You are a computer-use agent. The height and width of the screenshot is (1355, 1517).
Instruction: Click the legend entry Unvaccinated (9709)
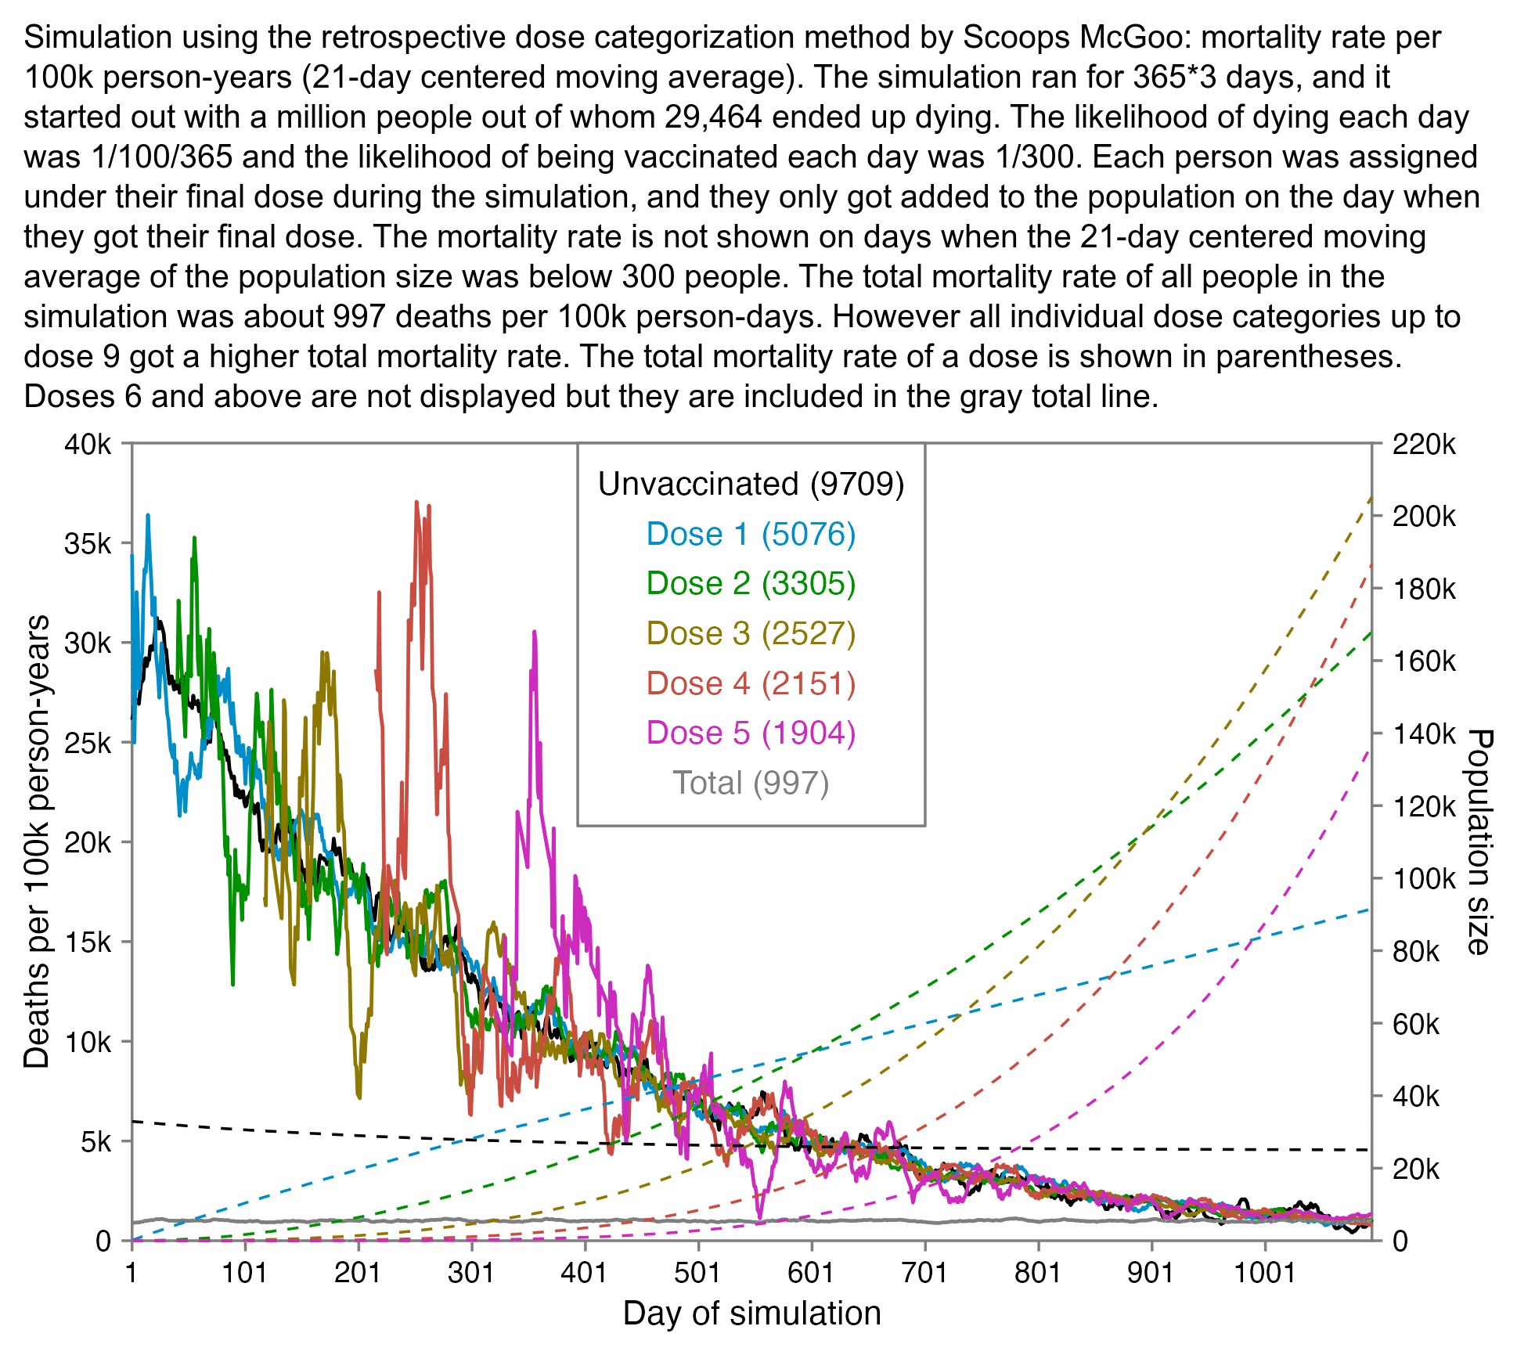(x=751, y=485)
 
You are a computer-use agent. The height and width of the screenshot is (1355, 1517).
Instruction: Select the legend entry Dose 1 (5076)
(x=751, y=534)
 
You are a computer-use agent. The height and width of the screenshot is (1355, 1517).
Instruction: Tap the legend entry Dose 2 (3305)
(x=751, y=584)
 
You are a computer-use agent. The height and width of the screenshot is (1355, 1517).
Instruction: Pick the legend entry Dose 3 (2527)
(x=751, y=633)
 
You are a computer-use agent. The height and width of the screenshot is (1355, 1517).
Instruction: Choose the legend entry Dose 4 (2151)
(x=751, y=683)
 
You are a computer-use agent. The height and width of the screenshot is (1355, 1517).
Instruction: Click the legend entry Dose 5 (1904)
(x=751, y=733)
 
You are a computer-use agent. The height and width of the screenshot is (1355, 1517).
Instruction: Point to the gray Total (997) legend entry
(x=751, y=783)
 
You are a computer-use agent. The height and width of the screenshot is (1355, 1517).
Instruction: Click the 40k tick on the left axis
(x=88, y=445)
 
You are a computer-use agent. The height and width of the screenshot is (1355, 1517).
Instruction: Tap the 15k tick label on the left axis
(x=88, y=942)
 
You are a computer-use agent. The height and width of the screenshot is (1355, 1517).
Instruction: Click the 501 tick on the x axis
(x=697, y=1273)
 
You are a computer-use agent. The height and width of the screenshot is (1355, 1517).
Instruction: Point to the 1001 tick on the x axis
(x=1265, y=1273)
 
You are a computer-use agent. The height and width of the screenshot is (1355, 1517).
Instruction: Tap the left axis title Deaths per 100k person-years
(x=36, y=841)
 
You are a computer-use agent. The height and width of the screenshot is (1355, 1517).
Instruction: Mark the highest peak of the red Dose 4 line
(x=417, y=502)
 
